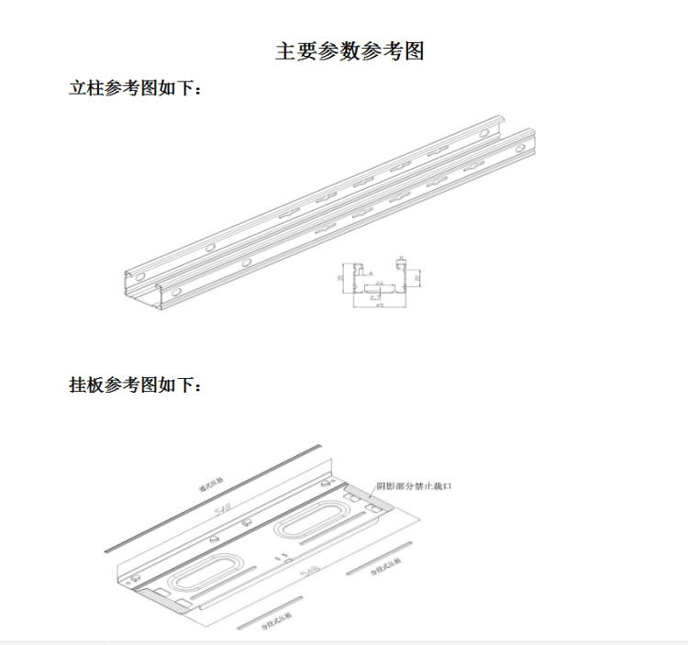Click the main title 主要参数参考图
[x=350, y=51]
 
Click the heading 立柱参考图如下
[x=134, y=89]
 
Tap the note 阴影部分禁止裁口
[x=414, y=486]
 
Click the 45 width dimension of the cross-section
[x=379, y=306]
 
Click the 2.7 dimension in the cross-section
[x=374, y=296]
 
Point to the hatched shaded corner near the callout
[x=379, y=501]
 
